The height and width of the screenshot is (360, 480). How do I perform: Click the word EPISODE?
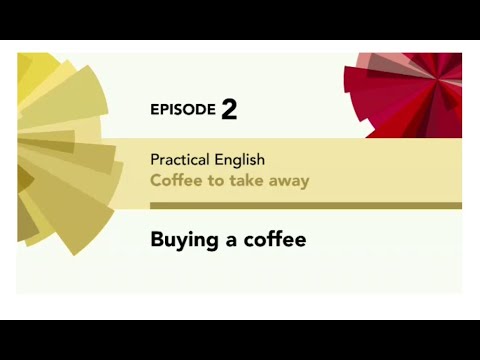(x=183, y=110)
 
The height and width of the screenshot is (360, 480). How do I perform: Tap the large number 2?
(x=229, y=109)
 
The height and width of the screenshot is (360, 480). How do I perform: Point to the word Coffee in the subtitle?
(x=173, y=181)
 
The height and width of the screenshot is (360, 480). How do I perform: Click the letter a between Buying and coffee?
(x=225, y=242)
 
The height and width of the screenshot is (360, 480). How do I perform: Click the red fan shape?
(x=410, y=95)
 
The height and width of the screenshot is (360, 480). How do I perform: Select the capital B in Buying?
(x=157, y=240)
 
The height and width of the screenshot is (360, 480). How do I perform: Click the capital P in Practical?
(x=155, y=159)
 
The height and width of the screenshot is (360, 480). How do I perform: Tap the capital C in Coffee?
(x=155, y=181)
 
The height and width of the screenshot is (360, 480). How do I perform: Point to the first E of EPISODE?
(x=154, y=110)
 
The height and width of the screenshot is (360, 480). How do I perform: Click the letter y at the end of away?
(x=304, y=184)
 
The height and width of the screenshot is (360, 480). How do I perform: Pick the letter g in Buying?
(x=207, y=243)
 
